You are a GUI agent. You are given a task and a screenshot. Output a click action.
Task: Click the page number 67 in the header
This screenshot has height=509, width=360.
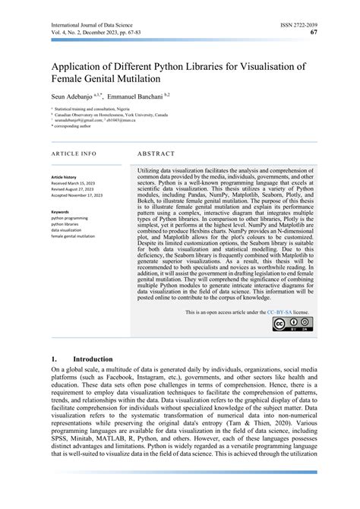point(314,33)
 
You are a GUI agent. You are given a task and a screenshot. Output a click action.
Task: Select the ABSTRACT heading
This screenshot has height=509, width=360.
point(156,153)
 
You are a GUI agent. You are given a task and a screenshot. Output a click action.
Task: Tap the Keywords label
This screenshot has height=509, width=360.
point(59,212)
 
